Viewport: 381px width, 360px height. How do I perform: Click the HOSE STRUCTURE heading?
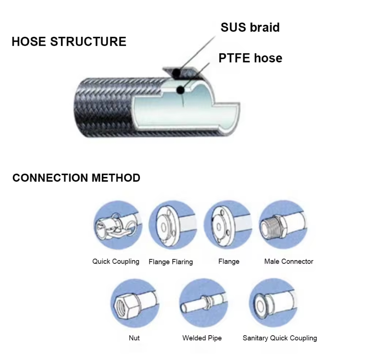(x=69, y=42)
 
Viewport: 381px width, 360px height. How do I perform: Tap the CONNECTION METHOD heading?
(x=76, y=178)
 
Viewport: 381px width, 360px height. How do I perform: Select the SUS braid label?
(x=250, y=27)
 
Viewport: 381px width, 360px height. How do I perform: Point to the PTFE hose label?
(x=250, y=58)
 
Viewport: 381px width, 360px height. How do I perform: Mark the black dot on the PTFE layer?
(x=180, y=90)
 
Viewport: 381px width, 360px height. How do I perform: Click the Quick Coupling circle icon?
(x=118, y=225)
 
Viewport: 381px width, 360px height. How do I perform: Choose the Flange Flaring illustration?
(x=173, y=225)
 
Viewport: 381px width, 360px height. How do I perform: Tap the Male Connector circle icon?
(x=283, y=225)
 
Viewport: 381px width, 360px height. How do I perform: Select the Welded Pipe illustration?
(x=203, y=303)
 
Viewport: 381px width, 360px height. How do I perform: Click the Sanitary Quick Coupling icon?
(x=273, y=303)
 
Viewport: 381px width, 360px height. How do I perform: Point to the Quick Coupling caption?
(x=116, y=261)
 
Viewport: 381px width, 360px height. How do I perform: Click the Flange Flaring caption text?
(x=171, y=262)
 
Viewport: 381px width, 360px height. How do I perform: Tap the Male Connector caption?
(x=289, y=261)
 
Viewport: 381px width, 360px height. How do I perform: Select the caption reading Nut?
(x=134, y=338)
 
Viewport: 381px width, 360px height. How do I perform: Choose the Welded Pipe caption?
(x=202, y=338)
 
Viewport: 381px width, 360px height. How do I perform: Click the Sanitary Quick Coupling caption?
(x=280, y=338)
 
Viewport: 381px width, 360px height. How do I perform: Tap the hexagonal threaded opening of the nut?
(x=121, y=305)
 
